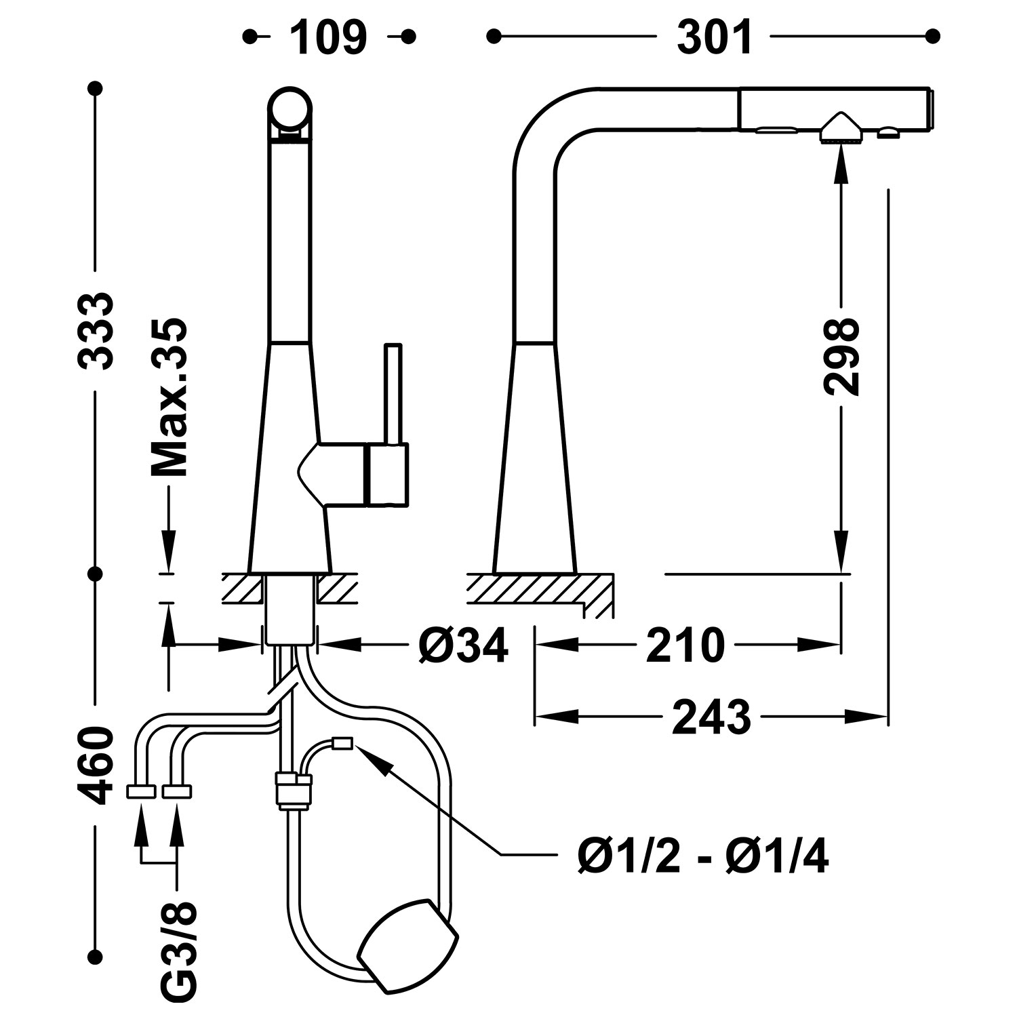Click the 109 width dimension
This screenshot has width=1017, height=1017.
coord(329,37)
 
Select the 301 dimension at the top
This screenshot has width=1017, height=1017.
coord(715,37)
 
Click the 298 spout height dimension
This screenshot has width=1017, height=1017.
coord(841,356)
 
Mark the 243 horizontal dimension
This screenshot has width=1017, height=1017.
coord(711,716)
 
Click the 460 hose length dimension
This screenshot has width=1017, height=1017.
coord(94,766)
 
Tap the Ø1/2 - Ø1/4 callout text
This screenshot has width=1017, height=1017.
coord(703,858)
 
